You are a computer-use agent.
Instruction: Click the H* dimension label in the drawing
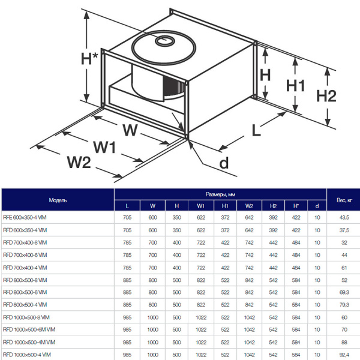(89, 59)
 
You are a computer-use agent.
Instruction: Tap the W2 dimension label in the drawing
(79, 161)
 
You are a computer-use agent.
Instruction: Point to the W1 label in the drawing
(103, 146)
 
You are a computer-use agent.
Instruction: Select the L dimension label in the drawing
(257, 130)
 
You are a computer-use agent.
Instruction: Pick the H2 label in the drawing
(326, 96)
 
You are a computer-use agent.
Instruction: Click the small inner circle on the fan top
(163, 40)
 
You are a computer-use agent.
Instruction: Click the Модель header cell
(58, 199)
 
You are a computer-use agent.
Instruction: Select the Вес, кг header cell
(343, 199)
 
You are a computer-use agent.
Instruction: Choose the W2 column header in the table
(249, 206)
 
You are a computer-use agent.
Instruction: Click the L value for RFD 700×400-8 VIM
(127, 242)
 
